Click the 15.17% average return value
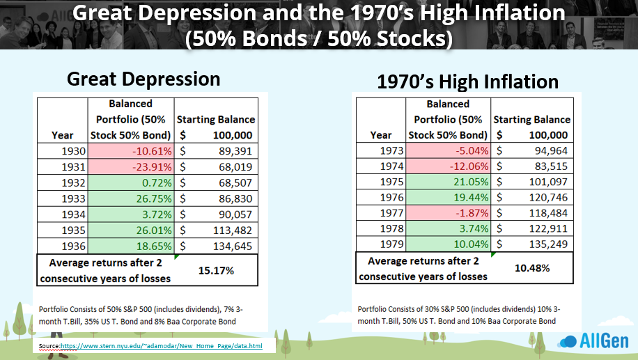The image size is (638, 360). (216, 269)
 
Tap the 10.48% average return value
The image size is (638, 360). (531, 267)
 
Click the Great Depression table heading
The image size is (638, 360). (143, 79)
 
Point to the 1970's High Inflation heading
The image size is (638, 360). (467, 82)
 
